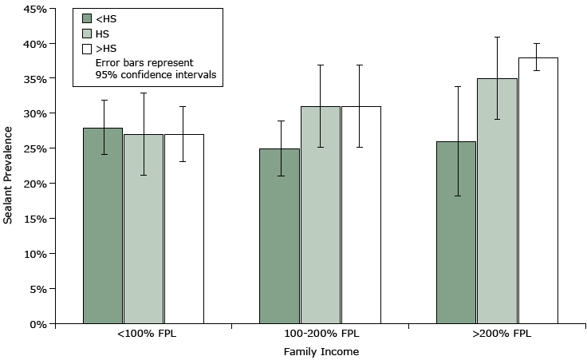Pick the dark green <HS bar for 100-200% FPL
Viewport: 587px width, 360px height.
(x=279, y=236)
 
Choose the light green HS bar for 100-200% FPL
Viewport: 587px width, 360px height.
(x=320, y=215)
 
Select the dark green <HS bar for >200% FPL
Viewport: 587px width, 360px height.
(x=456, y=232)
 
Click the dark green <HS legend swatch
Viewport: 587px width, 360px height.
(x=88, y=18)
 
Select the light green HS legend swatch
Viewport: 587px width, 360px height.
(x=88, y=34)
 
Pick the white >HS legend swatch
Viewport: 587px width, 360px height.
(x=88, y=49)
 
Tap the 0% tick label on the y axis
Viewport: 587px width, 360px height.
(x=37, y=324)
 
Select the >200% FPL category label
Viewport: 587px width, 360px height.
(x=496, y=334)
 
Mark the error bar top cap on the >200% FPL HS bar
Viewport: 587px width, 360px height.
(x=497, y=37)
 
